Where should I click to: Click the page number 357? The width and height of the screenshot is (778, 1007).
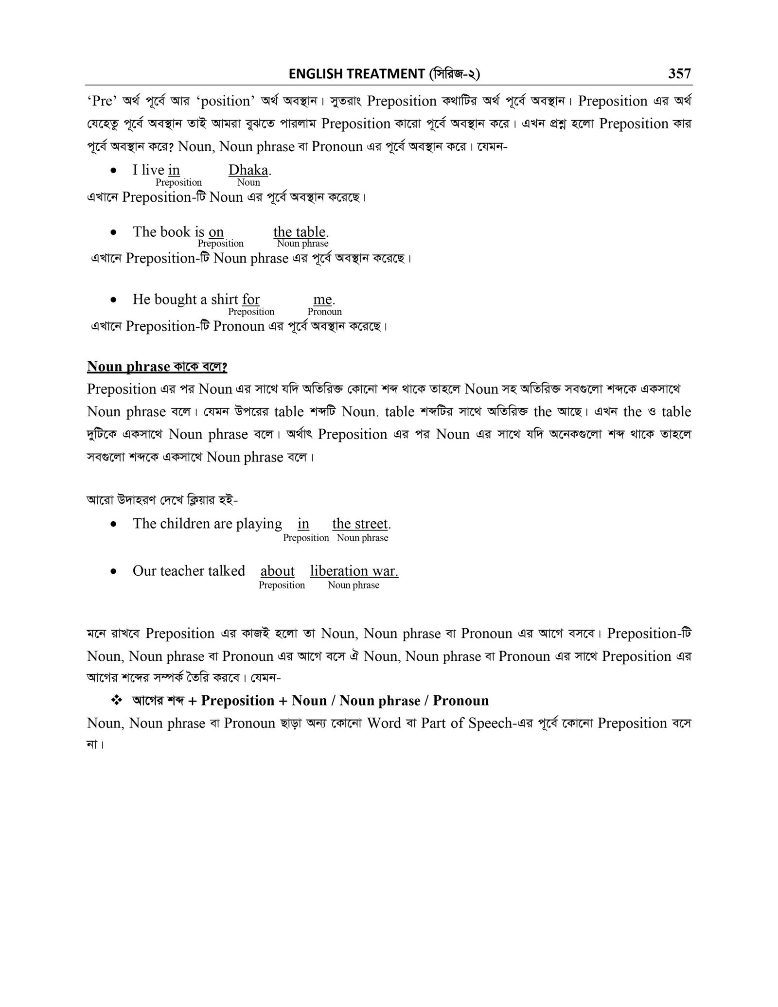tap(679, 73)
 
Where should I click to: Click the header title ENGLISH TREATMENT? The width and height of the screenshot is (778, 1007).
tap(356, 74)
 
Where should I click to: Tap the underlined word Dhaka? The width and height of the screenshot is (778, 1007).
tap(248, 170)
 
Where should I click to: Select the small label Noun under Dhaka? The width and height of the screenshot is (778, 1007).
tap(248, 182)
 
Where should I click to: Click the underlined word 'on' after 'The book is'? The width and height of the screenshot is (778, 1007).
tap(216, 231)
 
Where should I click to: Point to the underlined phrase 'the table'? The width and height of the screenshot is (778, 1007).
tap(299, 231)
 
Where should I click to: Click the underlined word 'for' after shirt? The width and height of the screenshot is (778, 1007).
tap(251, 299)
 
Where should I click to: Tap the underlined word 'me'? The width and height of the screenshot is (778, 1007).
tap(322, 299)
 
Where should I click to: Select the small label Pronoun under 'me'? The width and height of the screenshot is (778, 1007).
tap(325, 312)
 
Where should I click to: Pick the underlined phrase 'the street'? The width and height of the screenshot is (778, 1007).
tap(360, 524)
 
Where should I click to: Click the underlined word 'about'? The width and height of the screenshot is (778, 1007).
tap(278, 571)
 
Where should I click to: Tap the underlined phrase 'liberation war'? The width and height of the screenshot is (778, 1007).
tap(354, 571)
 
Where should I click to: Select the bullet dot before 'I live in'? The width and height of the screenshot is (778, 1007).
tap(113, 171)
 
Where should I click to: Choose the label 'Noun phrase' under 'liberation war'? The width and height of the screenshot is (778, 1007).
tap(354, 585)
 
